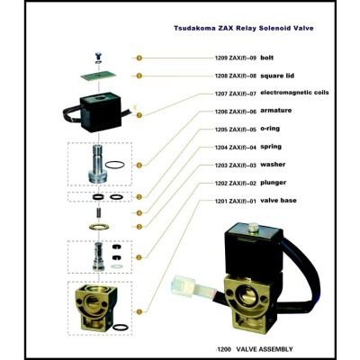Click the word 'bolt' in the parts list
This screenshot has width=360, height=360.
(x=266, y=58)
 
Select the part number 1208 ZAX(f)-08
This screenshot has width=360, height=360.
(x=236, y=76)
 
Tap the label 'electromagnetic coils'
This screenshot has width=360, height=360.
(x=294, y=92)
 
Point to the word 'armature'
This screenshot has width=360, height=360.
(x=275, y=111)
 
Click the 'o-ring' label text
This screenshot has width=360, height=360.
(x=270, y=129)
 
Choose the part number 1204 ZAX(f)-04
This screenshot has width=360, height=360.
(x=236, y=148)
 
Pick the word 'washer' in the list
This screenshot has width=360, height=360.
(x=273, y=165)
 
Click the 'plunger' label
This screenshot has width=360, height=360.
(x=273, y=183)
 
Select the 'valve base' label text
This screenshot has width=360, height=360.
(x=278, y=201)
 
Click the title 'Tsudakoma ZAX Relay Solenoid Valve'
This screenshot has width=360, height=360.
(x=244, y=28)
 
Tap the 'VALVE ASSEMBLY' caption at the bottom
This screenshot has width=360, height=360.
(x=265, y=349)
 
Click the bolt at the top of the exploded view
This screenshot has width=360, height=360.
(x=98, y=58)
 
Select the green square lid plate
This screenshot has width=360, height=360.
(x=98, y=76)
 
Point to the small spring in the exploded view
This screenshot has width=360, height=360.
(x=98, y=212)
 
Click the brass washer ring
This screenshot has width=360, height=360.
(x=98, y=226)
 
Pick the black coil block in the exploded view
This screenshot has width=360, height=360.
(x=100, y=114)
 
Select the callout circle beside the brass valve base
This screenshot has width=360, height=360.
(x=139, y=311)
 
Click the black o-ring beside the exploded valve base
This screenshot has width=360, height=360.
(x=122, y=328)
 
